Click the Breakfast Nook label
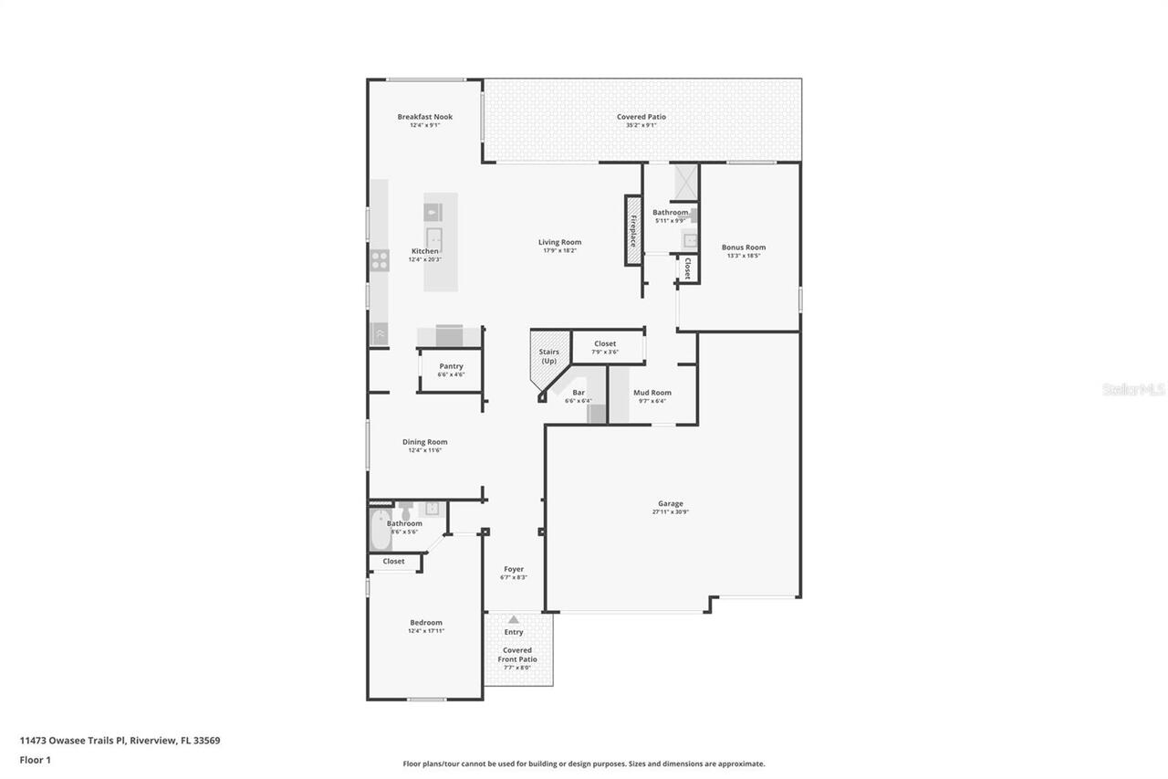[x=424, y=117]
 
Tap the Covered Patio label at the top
[x=641, y=117]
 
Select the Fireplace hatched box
[x=633, y=230]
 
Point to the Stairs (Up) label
[x=548, y=356]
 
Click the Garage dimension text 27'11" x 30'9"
[x=670, y=512]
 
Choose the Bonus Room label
[x=743, y=247]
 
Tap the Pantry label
[x=451, y=366]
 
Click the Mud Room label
[x=652, y=393]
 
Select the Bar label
[x=579, y=393]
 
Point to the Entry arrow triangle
[x=514, y=619]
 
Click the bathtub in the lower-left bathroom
[x=379, y=531]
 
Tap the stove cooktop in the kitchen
[x=379, y=260]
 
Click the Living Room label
[x=559, y=242]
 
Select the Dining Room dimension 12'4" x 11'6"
[x=425, y=450]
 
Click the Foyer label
[x=514, y=569]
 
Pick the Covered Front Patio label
[x=517, y=655]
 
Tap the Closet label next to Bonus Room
[x=687, y=269]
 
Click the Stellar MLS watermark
[x=1133, y=389]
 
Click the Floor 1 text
[x=35, y=759]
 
